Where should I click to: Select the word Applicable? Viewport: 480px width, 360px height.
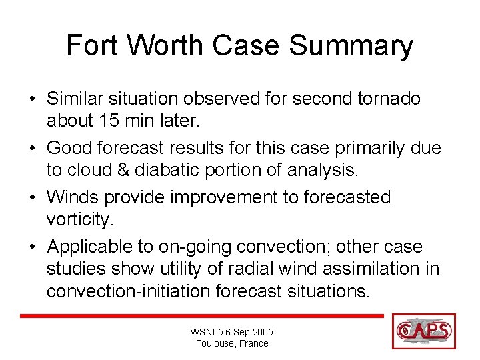(100, 247)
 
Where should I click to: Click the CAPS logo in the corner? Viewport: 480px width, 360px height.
(424, 331)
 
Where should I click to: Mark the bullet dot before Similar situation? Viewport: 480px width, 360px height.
(32, 100)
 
